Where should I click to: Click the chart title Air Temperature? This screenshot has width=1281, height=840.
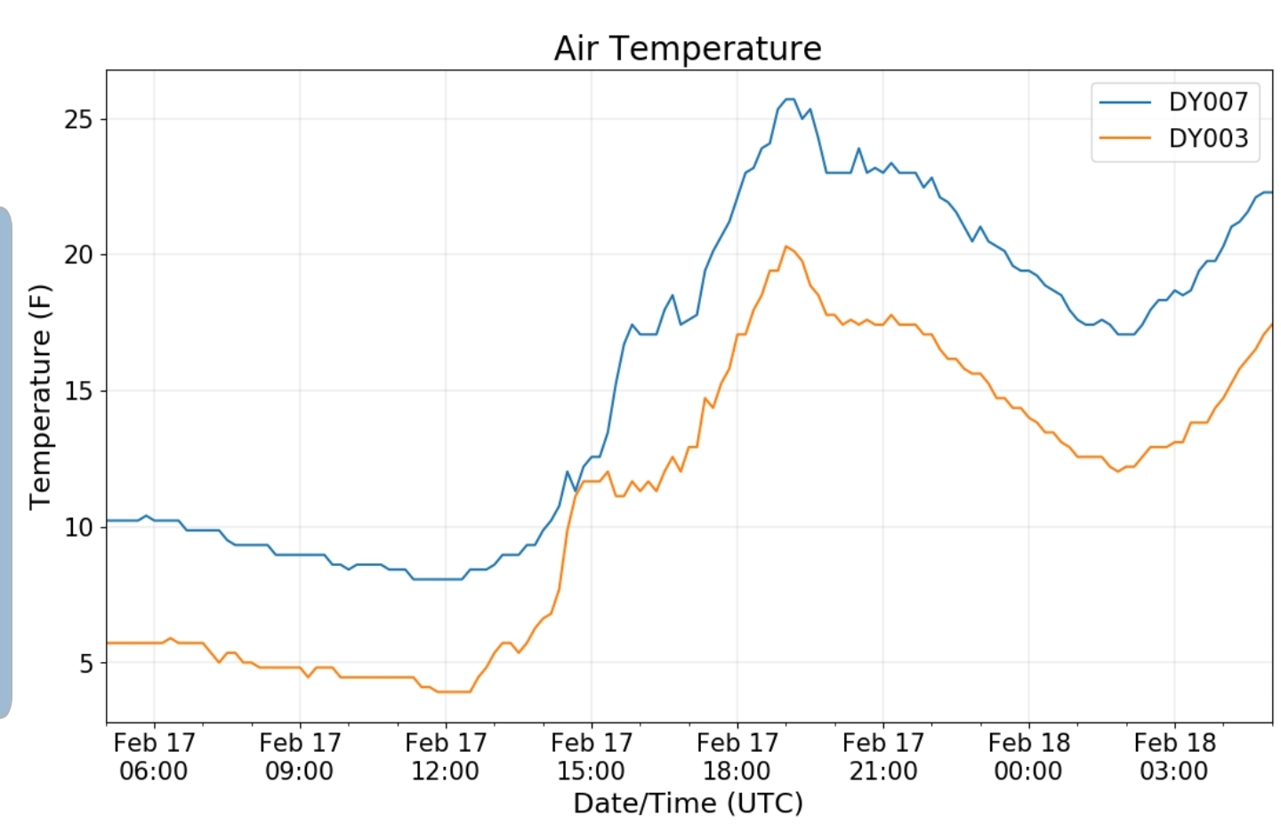coord(688,48)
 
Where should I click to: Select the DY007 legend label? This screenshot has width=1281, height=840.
coord(1208,101)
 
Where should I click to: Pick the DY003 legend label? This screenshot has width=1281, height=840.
coord(1208,138)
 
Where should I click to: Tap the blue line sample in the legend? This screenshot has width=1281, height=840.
coord(1125,102)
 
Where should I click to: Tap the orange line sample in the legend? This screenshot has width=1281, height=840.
coord(1125,138)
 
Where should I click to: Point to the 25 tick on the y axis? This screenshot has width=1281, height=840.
coord(78,119)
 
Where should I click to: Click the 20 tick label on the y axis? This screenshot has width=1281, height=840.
coord(78,255)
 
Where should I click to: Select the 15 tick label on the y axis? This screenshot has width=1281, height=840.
coord(78,392)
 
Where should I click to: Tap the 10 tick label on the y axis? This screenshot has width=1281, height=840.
coord(78,528)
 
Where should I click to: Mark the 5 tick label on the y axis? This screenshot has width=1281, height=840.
coord(85,664)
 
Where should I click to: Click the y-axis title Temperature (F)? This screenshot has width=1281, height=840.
coord(40,397)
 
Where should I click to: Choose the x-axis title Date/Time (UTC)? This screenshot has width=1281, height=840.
coord(688,803)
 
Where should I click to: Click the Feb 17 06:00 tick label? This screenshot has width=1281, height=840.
coord(154,756)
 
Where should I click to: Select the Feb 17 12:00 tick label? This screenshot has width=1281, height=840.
coord(446,756)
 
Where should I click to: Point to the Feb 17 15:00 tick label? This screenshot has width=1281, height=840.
coord(592,756)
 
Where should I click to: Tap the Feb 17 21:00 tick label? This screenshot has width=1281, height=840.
coord(883,756)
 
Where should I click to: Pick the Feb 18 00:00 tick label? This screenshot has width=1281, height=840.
coord(1029,756)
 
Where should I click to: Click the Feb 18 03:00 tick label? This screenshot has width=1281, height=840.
coord(1174,756)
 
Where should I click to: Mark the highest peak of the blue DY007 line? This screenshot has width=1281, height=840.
coord(789,99)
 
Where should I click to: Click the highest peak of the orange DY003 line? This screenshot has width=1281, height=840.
coord(786,246)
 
